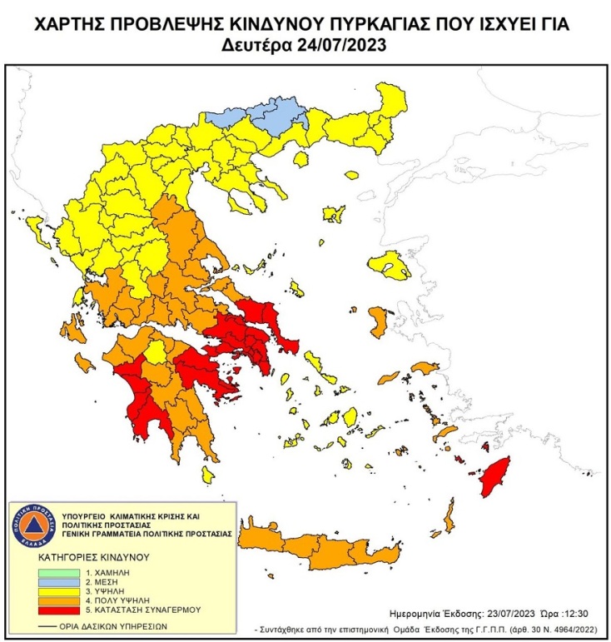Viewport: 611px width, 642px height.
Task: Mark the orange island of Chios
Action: pos(377,321)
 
